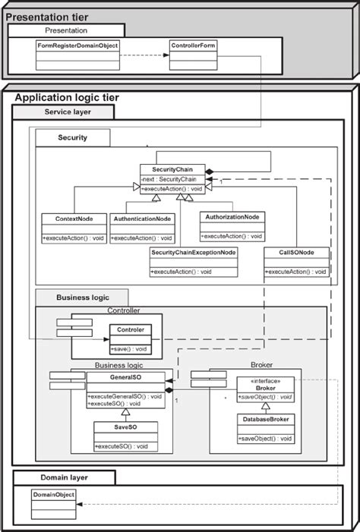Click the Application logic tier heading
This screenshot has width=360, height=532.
(67, 98)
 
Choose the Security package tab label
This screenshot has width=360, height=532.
(72, 137)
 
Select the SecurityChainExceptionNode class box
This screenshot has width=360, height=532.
(194, 262)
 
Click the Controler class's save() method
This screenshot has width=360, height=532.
(130, 348)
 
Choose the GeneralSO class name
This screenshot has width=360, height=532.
(125, 376)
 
